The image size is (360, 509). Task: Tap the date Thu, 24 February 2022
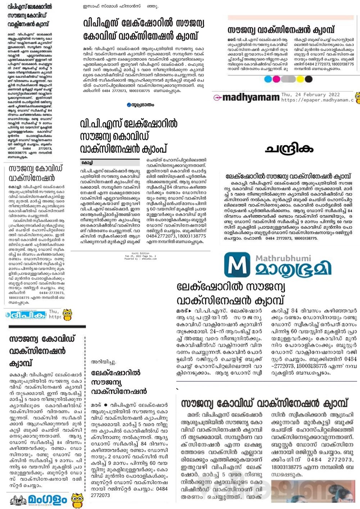click(310, 95)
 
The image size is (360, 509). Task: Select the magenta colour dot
click(276, 79)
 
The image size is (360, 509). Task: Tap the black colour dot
click(309, 79)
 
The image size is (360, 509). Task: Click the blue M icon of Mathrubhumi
click(237, 265)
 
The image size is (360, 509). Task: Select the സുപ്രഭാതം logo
click(140, 105)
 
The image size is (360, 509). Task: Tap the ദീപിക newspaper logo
click(26, 315)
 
